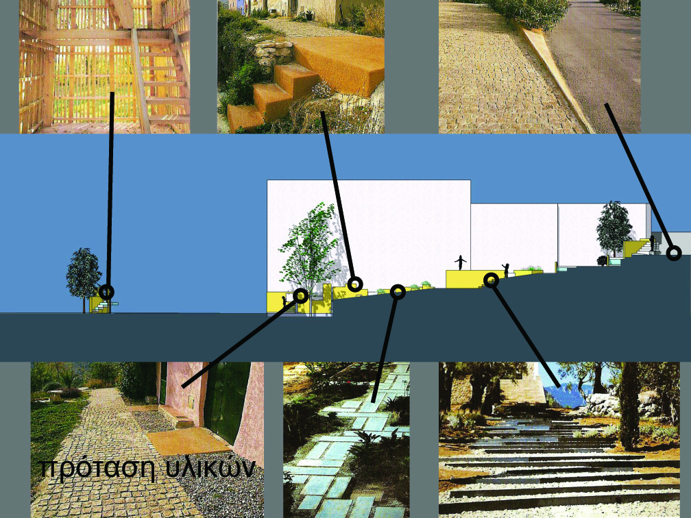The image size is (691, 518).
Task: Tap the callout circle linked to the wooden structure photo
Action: coord(106,292)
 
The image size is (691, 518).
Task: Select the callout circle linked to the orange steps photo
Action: coord(355,284)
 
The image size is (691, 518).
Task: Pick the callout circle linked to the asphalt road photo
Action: coord(673,253)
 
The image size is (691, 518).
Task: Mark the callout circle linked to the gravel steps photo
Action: coord(492,280)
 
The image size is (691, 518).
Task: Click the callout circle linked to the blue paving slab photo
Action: coord(398,292)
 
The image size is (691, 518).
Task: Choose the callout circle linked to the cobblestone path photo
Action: coord(300,295)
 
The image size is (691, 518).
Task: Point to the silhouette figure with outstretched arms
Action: coord(461,262)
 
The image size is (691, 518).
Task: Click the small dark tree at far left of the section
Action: coord(84,278)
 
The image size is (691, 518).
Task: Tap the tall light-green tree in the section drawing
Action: coord(309,247)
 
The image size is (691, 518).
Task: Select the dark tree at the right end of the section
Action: coord(614,227)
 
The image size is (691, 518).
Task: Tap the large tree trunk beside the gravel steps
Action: coord(629,404)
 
